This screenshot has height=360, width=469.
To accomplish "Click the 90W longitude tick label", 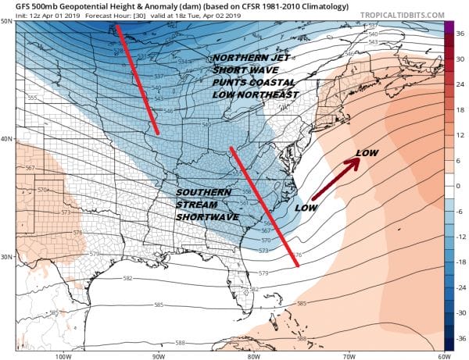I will click(159, 356).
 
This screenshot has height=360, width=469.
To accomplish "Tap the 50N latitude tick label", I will click(7, 21).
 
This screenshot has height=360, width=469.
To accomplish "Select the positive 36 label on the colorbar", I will click(461, 34).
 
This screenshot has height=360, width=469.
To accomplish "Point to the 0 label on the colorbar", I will click(460, 186).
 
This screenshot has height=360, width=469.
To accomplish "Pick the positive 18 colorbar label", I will click(461, 110).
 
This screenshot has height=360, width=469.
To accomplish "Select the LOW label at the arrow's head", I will click(367, 152).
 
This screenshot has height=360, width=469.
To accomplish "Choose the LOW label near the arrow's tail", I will click(306, 209).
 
